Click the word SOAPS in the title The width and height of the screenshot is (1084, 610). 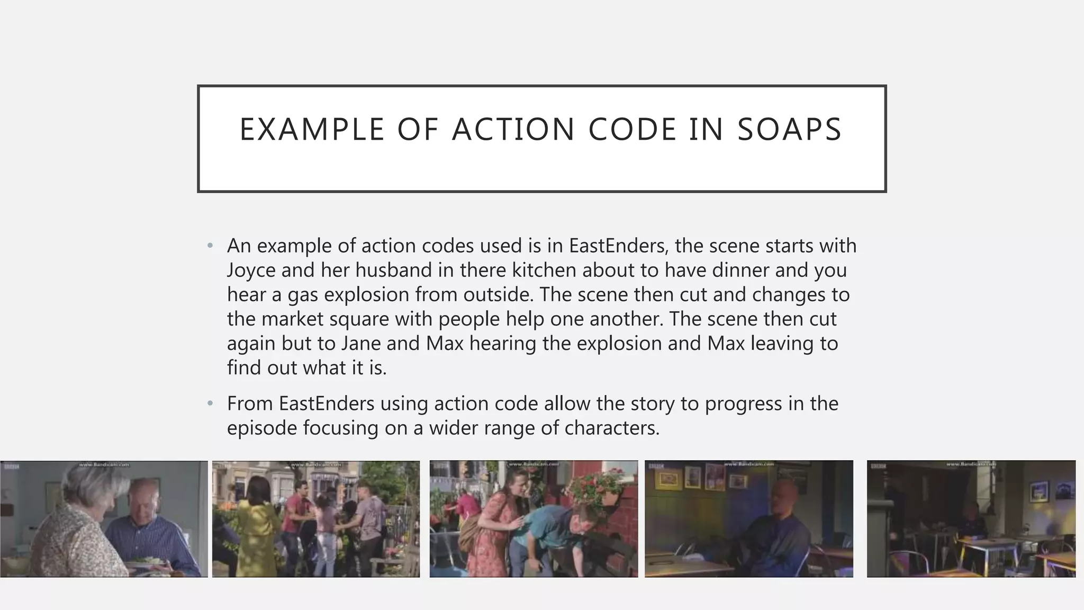coord(789,130)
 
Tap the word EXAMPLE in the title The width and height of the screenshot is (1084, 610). coord(312,130)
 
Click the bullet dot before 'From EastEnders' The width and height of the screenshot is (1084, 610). coord(210,404)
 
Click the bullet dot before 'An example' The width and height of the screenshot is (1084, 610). coord(210,246)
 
